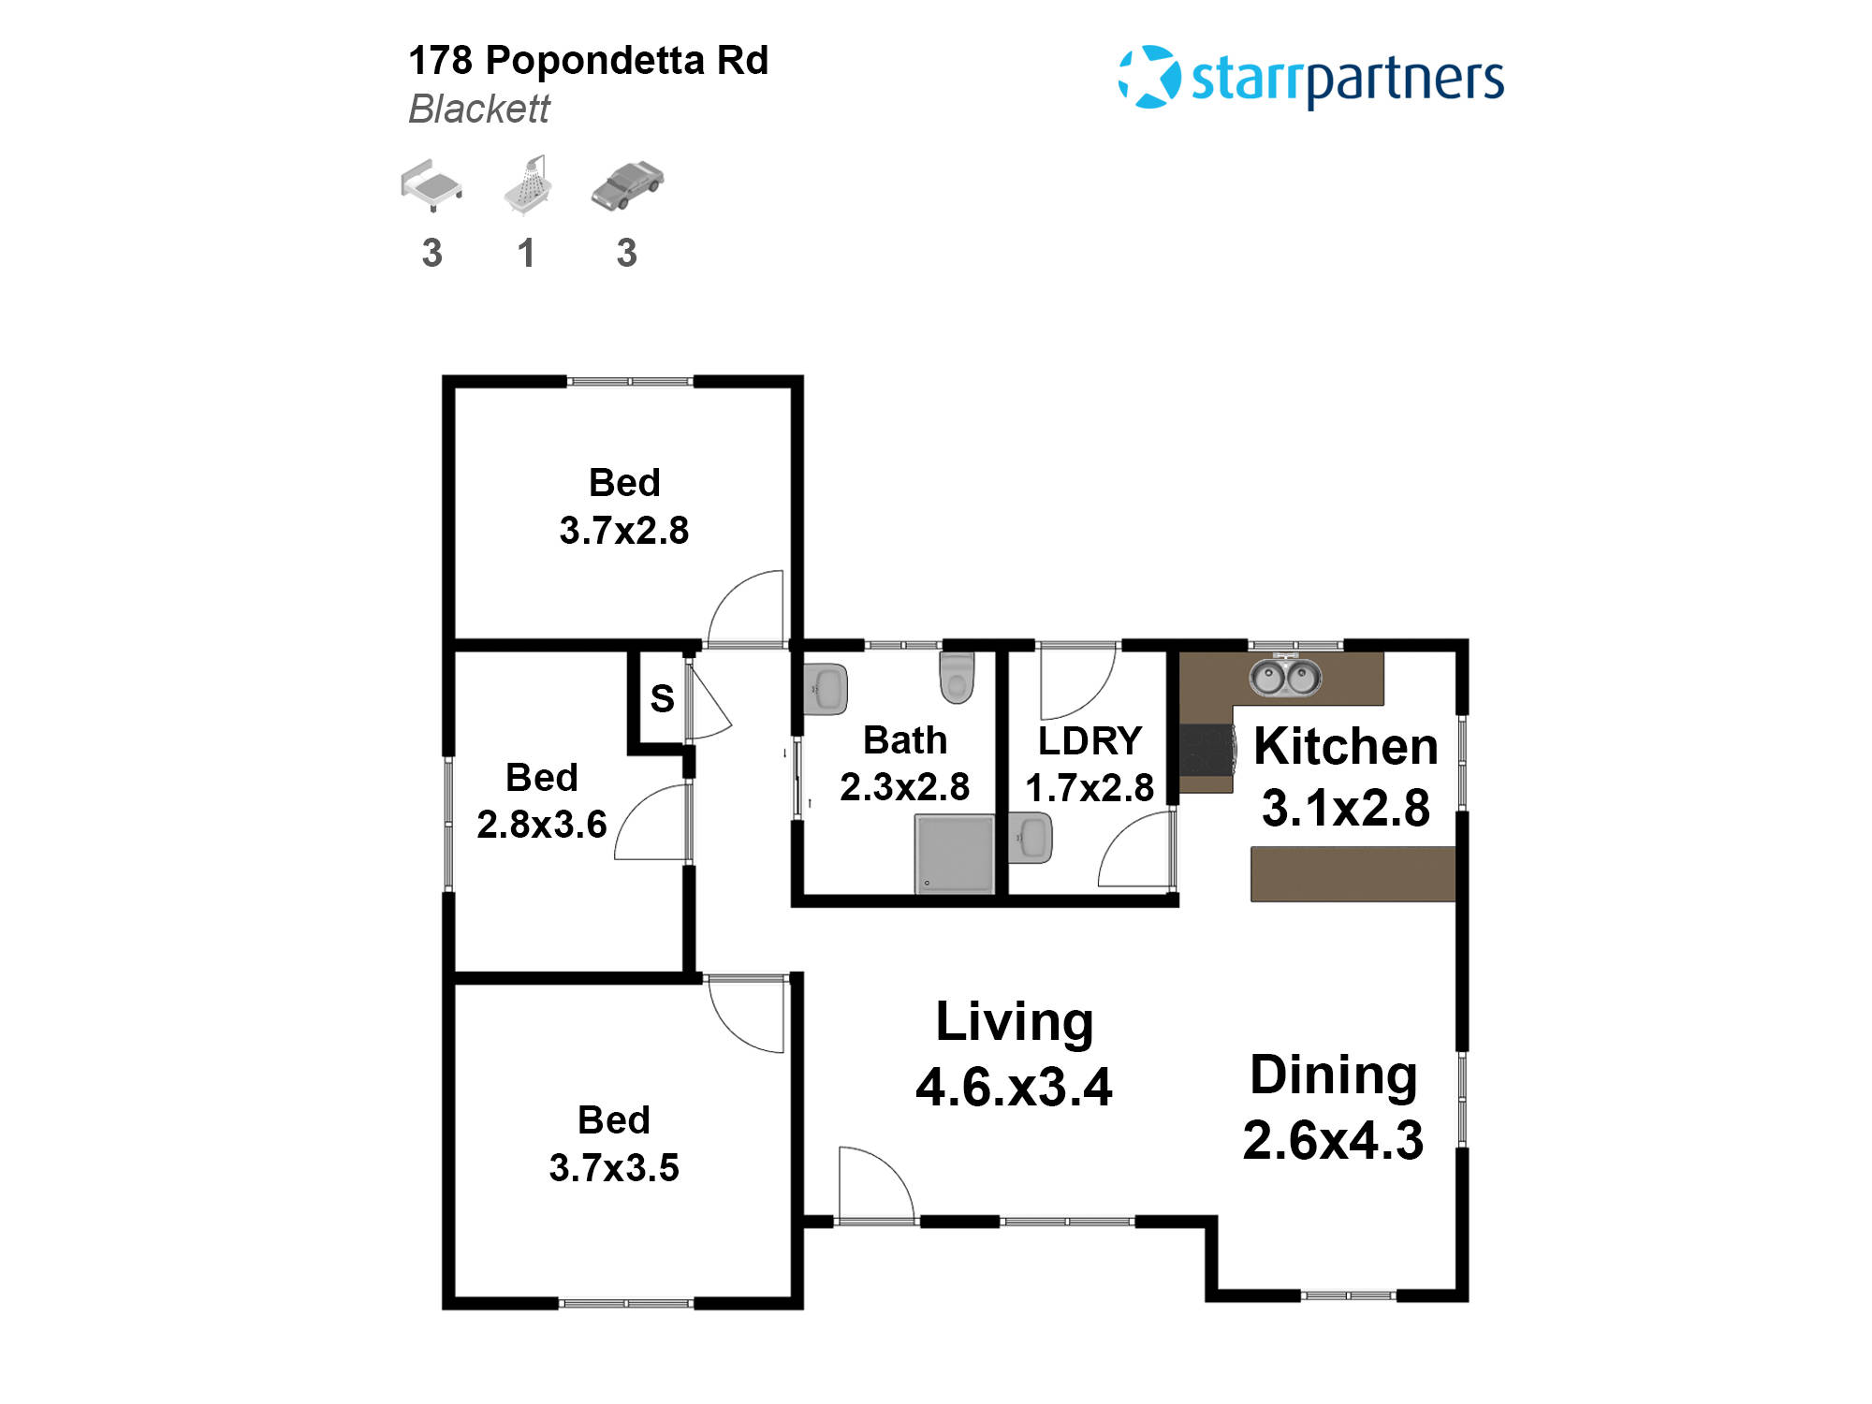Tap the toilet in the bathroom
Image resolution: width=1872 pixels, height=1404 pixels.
[957, 677]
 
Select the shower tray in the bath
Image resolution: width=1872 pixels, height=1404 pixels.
[954, 854]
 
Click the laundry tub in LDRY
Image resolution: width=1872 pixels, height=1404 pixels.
[1031, 838]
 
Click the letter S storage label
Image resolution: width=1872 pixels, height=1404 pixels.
[662, 699]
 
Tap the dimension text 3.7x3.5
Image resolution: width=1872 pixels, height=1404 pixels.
[614, 1168]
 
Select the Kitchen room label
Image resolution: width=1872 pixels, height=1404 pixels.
[1345, 747]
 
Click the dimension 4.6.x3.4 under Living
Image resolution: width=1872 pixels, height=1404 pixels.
[1014, 1088]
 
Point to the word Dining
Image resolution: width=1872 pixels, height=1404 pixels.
[1333, 1075]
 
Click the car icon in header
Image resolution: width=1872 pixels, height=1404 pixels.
[627, 184]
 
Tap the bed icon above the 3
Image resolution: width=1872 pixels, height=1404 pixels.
[431, 184]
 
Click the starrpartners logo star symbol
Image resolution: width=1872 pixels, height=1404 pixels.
[1149, 77]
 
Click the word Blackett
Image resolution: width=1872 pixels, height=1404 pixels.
[479, 110]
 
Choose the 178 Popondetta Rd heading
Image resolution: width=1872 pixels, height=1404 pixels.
[588, 61]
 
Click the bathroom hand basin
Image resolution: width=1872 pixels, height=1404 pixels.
[826, 690]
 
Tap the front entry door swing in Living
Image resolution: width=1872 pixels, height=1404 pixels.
[874, 1185]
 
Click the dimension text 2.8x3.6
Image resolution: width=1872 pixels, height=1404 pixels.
[542, 825]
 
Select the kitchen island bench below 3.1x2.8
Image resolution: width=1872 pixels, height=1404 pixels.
[1353, 874]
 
